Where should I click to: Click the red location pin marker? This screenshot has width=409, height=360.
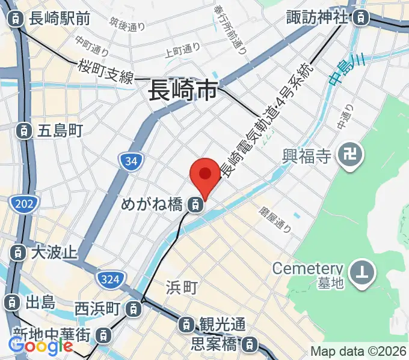tap(204, 175)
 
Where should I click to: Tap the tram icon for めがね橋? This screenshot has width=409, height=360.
tap(195, 205)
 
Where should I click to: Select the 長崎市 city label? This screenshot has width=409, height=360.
tap(183, 92)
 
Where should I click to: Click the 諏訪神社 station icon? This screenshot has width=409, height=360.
tap(360, 17)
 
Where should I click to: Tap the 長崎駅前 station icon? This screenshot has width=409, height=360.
tap(15, 19)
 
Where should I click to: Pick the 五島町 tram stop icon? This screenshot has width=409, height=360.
tap(23, 130)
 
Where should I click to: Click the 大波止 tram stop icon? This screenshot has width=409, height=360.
tap(19, 252)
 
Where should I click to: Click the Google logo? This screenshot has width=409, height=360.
tap(41, 346)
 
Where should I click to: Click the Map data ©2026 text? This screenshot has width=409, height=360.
tap(358, 351)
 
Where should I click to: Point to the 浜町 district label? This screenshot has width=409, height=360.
tap(181, 288)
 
